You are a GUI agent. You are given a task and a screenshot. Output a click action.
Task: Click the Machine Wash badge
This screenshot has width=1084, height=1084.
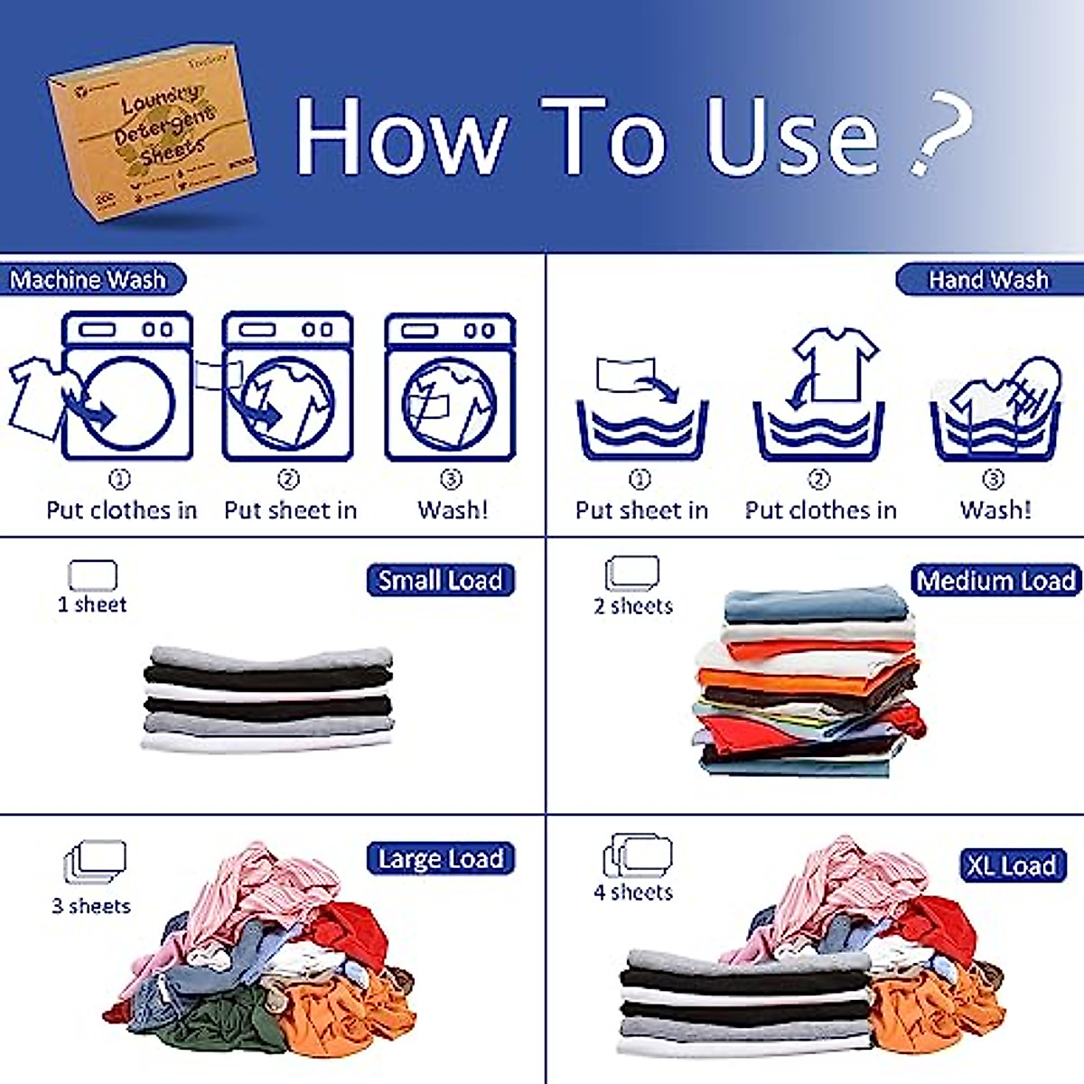(x=90, y=280)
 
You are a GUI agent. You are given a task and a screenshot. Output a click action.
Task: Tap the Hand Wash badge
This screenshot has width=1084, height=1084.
(x=989, y=280)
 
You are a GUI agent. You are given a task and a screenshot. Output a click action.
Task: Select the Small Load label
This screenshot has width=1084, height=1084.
(x=440, y=580)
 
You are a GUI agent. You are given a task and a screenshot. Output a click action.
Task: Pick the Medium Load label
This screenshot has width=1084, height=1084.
(x=996, y=580)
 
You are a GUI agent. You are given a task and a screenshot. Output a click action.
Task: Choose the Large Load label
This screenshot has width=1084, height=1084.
(x=440, y=858)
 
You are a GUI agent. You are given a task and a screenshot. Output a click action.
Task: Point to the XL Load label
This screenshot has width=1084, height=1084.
(x=1012, y=865)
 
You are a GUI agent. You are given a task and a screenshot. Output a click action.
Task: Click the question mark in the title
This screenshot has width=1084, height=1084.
(x=939, y=131)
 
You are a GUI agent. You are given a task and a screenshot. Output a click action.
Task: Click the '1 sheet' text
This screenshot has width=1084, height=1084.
(x=92, y=604)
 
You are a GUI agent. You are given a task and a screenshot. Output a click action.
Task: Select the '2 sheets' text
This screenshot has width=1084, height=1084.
(x=633, y=606)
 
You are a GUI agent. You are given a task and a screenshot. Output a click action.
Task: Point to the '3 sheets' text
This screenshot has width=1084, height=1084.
(x=91, y=906)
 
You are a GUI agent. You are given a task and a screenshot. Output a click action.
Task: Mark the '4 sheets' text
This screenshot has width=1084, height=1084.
(x=633, y=892)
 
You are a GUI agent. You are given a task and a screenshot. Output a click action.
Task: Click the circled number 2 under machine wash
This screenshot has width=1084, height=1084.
(x=288, y=479)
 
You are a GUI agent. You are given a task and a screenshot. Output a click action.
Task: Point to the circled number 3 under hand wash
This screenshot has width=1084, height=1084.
(x=993, y=479)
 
